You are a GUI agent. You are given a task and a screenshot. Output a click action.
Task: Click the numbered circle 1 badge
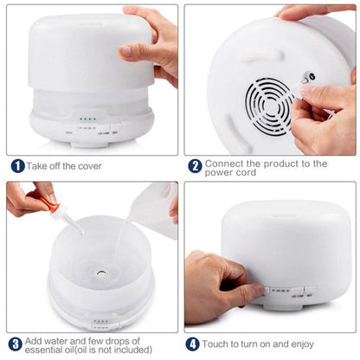point(17,165)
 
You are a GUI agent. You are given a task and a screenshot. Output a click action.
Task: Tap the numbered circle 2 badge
point(196,165)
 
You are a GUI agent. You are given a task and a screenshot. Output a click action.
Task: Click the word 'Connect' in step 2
point(229,163)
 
